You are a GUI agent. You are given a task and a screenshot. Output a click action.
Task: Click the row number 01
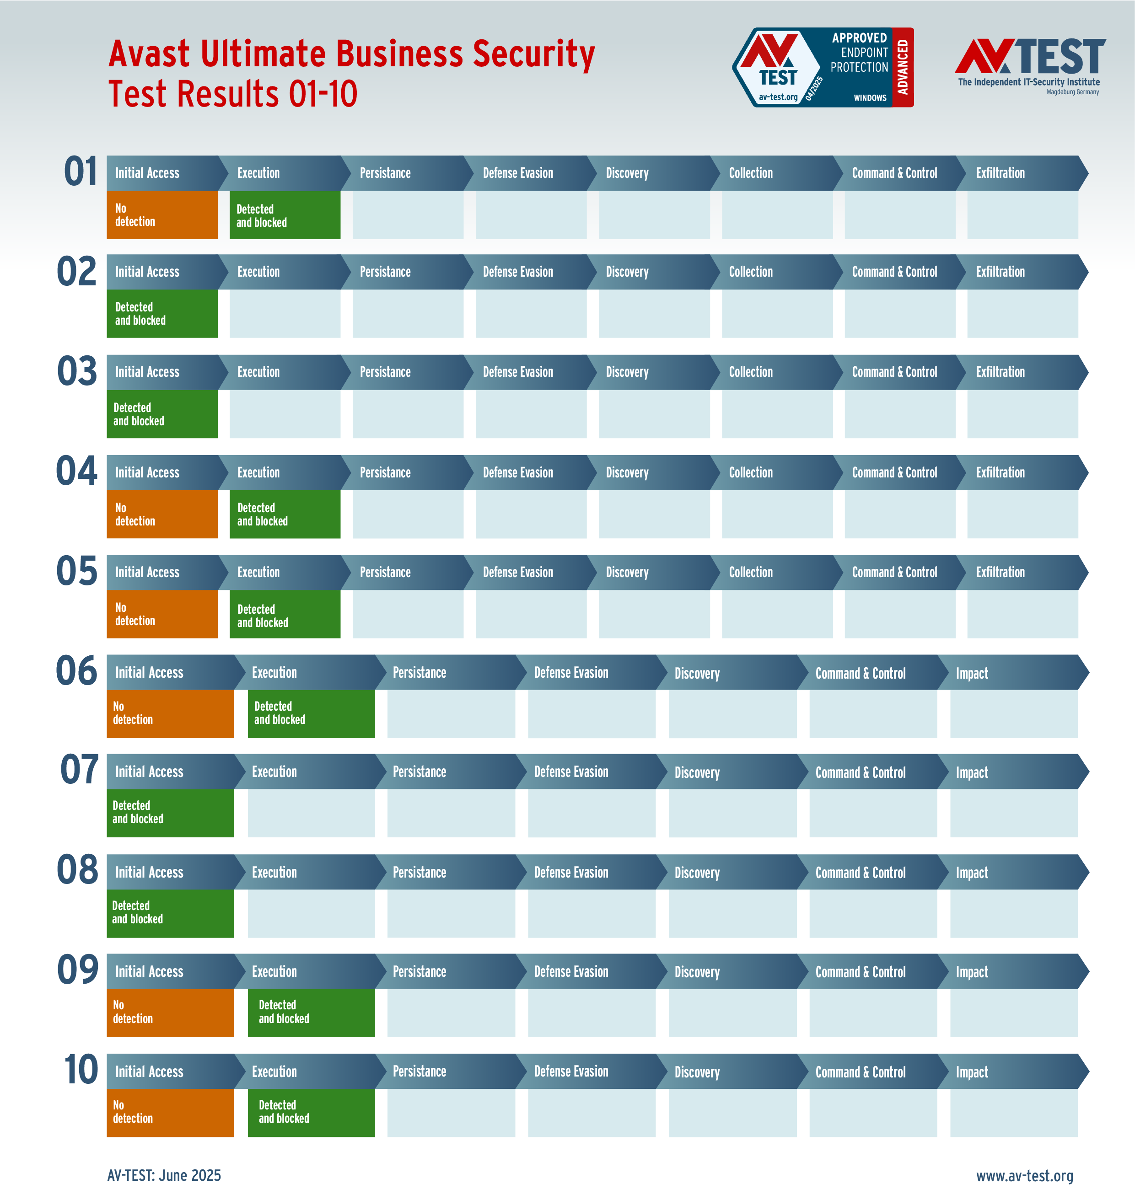coord(81,172)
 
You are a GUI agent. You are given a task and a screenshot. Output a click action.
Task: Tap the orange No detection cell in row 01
coord(161,215)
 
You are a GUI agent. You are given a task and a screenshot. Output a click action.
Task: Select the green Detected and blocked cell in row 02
coord(161,314)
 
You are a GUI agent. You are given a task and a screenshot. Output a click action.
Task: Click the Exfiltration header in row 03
coord(1000,372)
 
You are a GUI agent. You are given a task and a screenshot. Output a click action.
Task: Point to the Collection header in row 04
coord(750,472)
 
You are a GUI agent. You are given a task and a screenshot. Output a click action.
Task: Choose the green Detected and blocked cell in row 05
coord(285,615)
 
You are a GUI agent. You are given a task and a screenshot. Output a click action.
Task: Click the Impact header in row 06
coord(972,673)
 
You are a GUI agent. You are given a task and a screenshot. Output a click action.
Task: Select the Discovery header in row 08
coord(697,873)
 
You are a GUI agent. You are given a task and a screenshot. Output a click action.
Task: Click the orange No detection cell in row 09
coord(170,1012)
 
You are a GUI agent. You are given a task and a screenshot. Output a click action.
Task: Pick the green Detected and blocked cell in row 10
coord(311,1112)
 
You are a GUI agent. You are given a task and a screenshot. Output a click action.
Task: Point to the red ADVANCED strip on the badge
coord(903,67)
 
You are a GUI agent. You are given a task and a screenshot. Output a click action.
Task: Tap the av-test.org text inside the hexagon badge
coord(778,97)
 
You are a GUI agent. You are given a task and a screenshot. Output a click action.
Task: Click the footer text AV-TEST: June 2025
coord(164,1175)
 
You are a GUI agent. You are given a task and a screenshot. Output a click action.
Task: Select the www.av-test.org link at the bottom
coord(1024,1175)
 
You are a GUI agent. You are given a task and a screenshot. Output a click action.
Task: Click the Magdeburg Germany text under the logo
coord(1073,92)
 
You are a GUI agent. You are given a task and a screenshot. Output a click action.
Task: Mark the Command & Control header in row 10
coord(861,1072)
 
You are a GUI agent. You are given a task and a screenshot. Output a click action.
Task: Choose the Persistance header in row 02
coord(385,272)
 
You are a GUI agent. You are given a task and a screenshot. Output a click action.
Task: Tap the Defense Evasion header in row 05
coord(518,572)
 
